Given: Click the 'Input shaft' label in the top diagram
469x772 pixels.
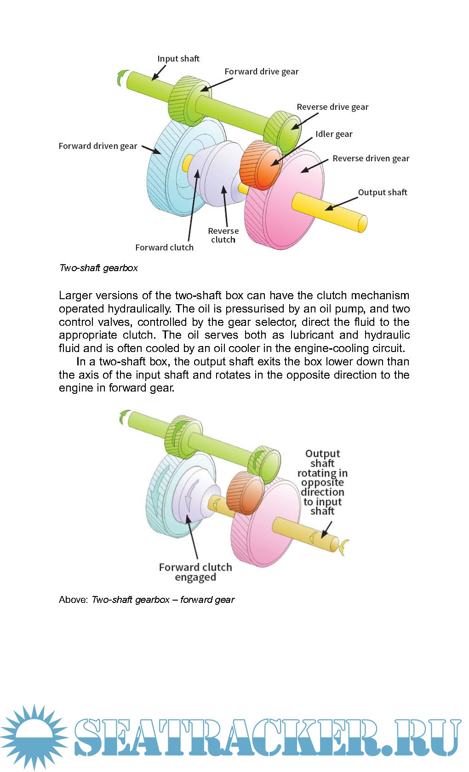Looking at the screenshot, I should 178,59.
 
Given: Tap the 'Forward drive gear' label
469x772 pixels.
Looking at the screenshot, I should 261,72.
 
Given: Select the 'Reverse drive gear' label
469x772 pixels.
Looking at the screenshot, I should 332,107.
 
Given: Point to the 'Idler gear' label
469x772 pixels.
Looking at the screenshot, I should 334,134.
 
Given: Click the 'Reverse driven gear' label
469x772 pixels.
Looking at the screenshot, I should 371,159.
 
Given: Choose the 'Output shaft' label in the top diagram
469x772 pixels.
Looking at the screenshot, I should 383,193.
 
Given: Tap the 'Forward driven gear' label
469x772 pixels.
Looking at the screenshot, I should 98,146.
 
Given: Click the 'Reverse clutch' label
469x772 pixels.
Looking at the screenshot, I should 223,235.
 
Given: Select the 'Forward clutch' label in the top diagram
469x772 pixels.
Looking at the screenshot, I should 164,248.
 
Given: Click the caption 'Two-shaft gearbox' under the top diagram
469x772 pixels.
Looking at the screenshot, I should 98,268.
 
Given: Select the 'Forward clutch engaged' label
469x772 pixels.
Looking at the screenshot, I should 195,572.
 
